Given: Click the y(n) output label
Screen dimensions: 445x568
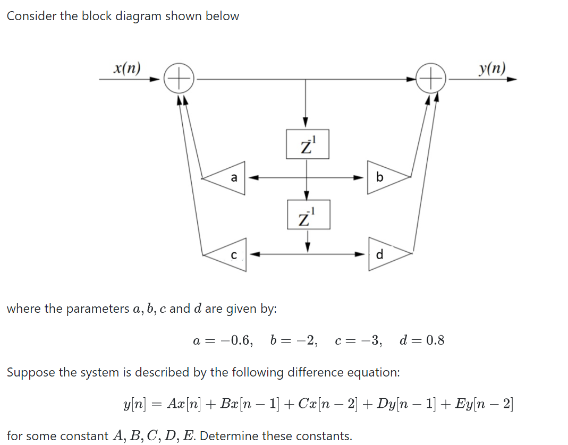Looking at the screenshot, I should coord(492,68).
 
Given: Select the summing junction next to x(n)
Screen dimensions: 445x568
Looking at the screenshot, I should coord(178,80).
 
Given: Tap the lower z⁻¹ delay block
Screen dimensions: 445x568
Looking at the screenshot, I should coord(308,215).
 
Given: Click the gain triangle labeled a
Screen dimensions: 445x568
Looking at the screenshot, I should coord(228,178).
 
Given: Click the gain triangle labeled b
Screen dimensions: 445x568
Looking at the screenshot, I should coord(384,177).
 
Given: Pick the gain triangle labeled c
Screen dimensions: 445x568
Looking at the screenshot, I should coord(228,255).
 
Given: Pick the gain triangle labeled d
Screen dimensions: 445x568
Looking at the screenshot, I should coord(384,254).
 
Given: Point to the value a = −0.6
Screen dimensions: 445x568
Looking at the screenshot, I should coord(222,340).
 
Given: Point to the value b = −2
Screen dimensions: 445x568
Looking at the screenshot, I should coord(294,340).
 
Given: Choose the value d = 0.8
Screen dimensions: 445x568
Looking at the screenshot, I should coord(421,340).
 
